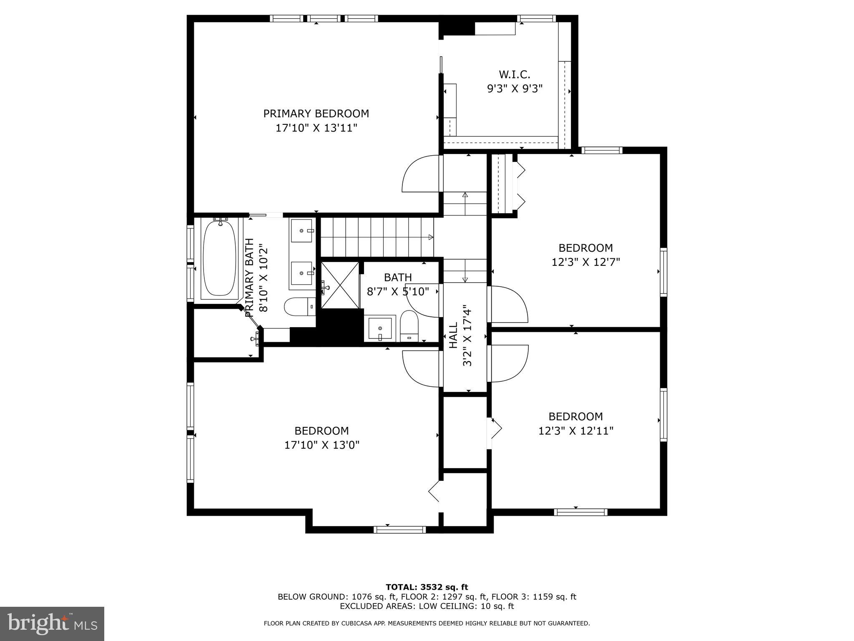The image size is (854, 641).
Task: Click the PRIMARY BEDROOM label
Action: tap(316, 114)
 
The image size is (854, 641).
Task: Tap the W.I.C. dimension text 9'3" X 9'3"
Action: tap(515, 89)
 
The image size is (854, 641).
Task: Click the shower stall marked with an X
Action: tap(340, 285)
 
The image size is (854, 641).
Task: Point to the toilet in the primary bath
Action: tap(300, 307)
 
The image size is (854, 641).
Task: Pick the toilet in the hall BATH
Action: tap(409, 326)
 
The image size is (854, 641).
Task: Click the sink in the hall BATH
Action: tap(380, 329)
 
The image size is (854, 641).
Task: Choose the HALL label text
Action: tap(453, 335)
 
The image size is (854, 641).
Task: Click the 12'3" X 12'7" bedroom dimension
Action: tap(586, 262)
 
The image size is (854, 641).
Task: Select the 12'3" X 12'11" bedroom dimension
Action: tap(576, 431)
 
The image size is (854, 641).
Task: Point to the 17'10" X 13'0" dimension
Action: tap(322, 445)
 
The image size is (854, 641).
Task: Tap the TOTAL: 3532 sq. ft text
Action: tap(427, 587)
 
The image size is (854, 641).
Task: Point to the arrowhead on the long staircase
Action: tap(431, 237)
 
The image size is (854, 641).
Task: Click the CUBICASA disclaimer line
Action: tap(427, 623)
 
